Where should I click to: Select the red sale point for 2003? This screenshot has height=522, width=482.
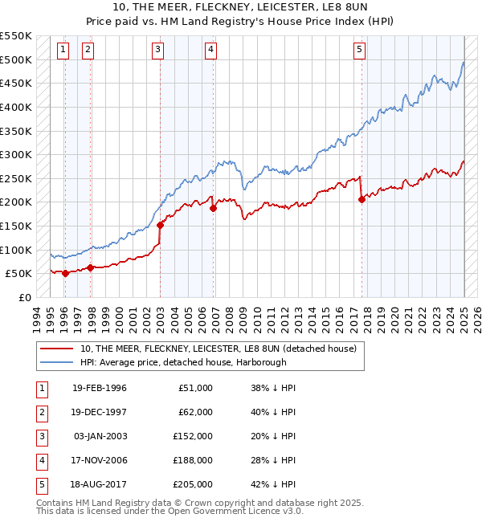pyautogui.click(x=160, y=225)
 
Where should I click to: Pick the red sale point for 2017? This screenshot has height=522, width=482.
pyautogui.click(x=361, y=200)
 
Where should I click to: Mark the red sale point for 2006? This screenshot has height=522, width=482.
pyautogui.click(x=213, y=208)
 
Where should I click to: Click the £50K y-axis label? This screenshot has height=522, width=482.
pyautogui.click(x=20, y=274)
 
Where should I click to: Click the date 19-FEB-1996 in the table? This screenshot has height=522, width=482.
pyautogui.click(x=100, y=388)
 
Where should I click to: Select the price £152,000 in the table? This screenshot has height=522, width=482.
pyautogui.click(x=193, y=436)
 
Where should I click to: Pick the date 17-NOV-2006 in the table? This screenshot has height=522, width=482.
pyautogui.click(x=100, y=460)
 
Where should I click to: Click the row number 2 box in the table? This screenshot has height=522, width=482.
pyautogui.click(x=40, y=412)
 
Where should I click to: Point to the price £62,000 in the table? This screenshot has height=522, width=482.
pyautogui.click(x=196, y=412)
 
